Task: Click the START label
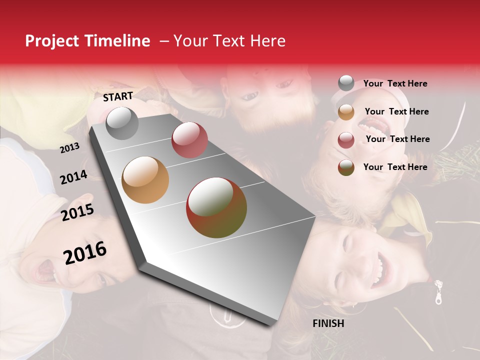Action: point(118,96)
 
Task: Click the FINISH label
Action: point(328,323)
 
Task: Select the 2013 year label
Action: point(69,148)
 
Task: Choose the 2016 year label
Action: point(85,253)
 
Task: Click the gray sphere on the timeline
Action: point(122,123)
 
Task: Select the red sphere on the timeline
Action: point(189,140)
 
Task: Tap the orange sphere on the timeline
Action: point(145,180)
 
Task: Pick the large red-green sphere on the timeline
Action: point(216,207)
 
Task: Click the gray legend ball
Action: point(346,83)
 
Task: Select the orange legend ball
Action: point(346,112)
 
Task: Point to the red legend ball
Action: point(346,140)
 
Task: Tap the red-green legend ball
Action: point(346,167)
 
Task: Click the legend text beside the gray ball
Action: point(395,83)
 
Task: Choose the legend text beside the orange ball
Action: point(396,111)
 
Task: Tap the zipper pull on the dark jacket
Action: point(438,292)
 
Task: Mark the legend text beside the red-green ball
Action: point(395,167)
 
